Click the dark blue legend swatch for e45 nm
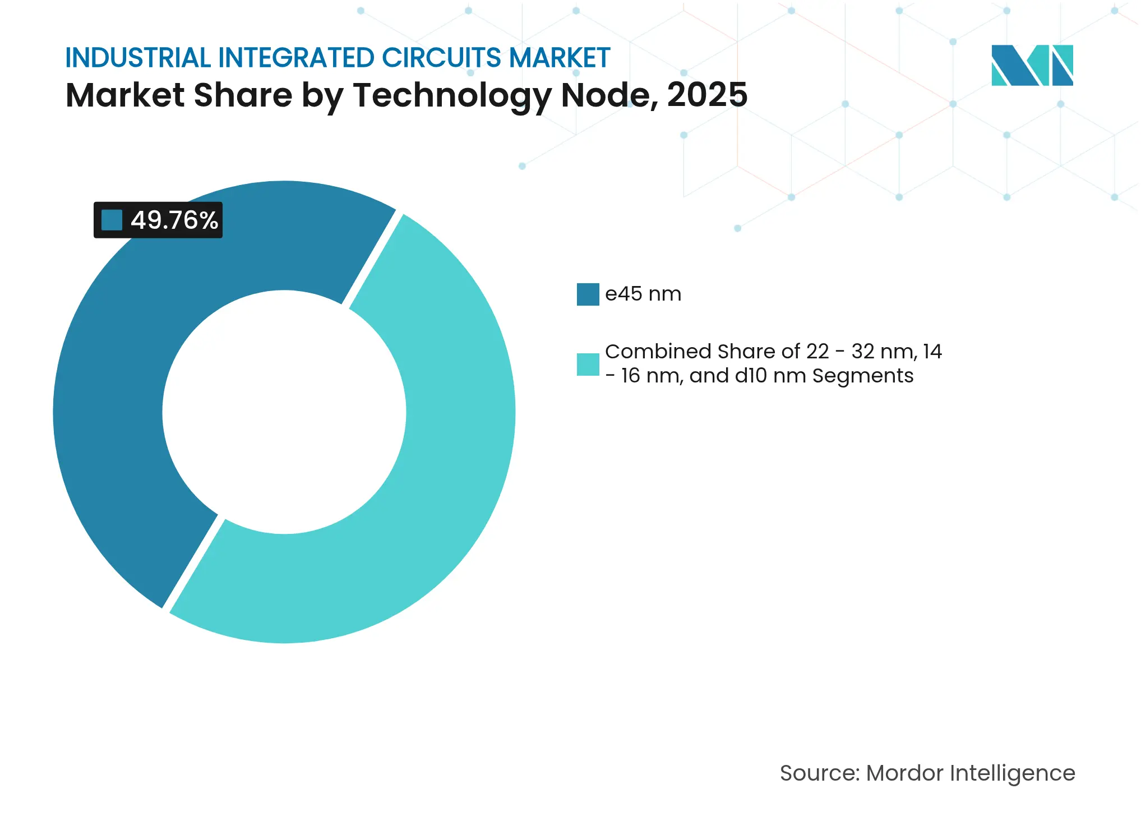coord(588,294)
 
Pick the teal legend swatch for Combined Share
coord(588,365)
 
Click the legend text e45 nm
coord(643,294)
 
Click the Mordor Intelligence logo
coord(1032,66)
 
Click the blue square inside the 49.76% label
coord(112,220)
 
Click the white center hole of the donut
coord(284,412)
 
